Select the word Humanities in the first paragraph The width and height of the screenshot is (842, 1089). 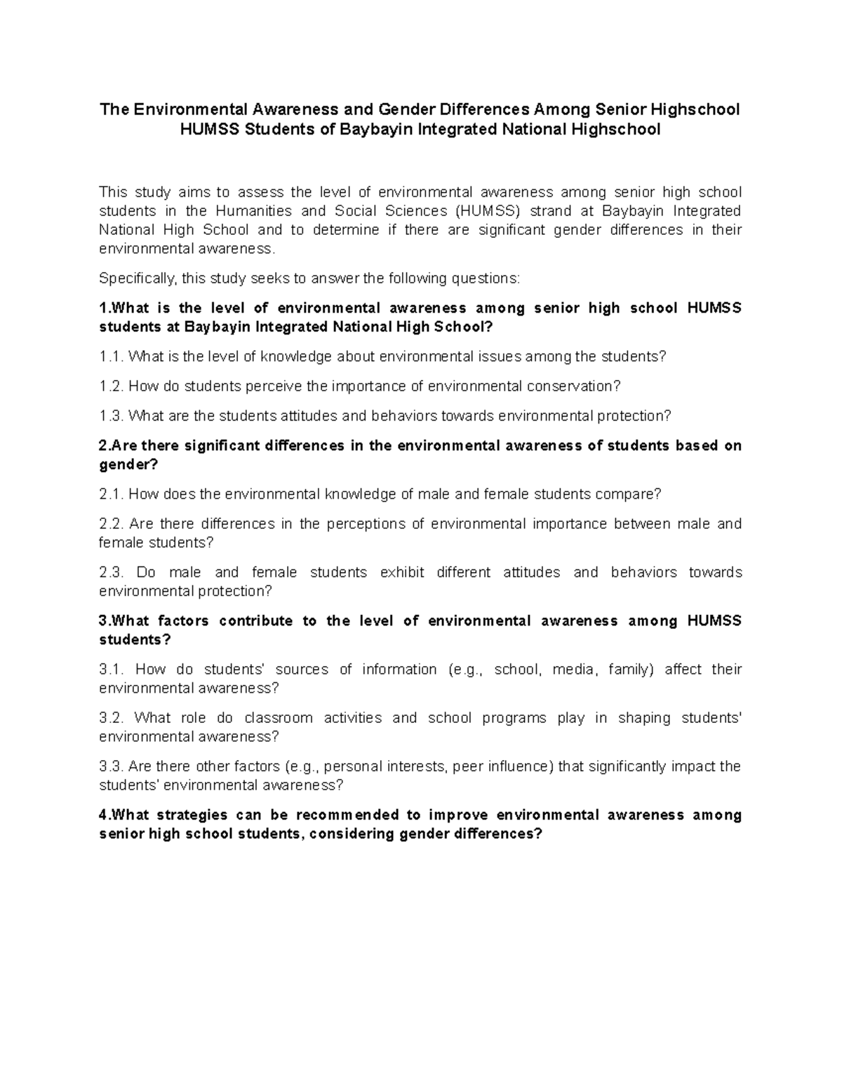point(253,211)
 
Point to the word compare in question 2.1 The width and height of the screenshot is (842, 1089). point(625,494)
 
